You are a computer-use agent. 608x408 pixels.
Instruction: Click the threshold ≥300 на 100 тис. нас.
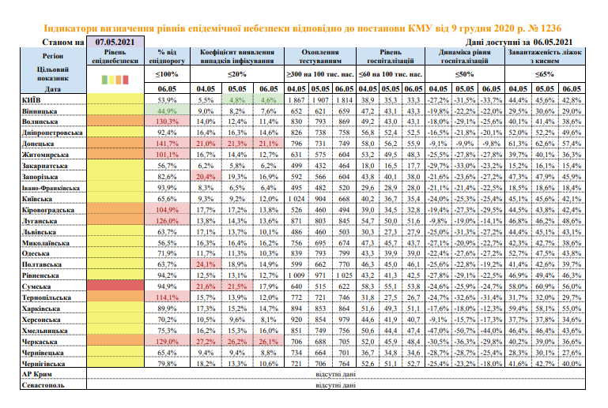tap(321, 73)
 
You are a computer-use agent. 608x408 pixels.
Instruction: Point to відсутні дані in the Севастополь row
tap(337, 385)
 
